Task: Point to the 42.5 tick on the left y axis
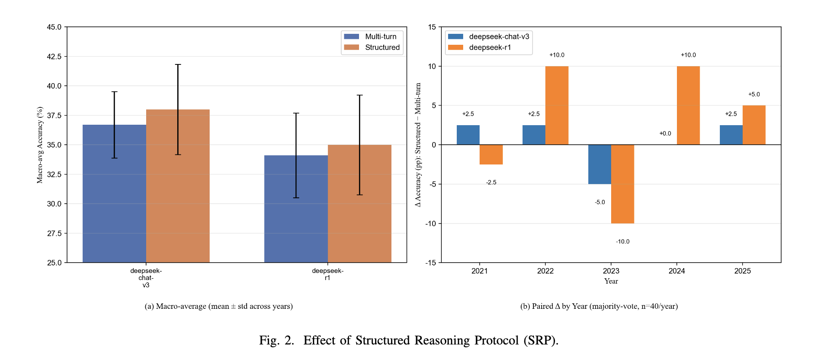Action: pyautogui.click(x=54, y=57)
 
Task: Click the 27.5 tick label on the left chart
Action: pyautogui.click(x=54, y=233)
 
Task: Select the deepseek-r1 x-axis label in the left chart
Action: pyautogui.click(x=327, y=274)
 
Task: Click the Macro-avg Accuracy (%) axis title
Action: pyautogui.click(x=40, y=145)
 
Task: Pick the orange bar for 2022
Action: pyautogui.click(x=557, y=106)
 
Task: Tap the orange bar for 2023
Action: pyautogui.click(x=623, y=184)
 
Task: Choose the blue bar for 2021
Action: pyautogui.click(x=468, y=135)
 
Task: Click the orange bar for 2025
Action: pyautogui.click(x=754, y=125)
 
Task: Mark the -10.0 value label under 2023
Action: pyautogui.click(x=623, y=242)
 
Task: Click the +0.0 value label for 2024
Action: pyautogui.click(x=665, y=133)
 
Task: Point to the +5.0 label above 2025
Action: pyautogui.click(x=754, y=95)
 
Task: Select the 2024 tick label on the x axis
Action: pyautogui.click(x=676, y=271)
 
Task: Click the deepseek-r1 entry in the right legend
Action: pyautogui.click(x=489, y=48)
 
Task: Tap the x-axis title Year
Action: pyautogui.click(x=611, y=281)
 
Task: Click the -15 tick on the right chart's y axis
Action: pyautogui.click(x=431, y=263)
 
